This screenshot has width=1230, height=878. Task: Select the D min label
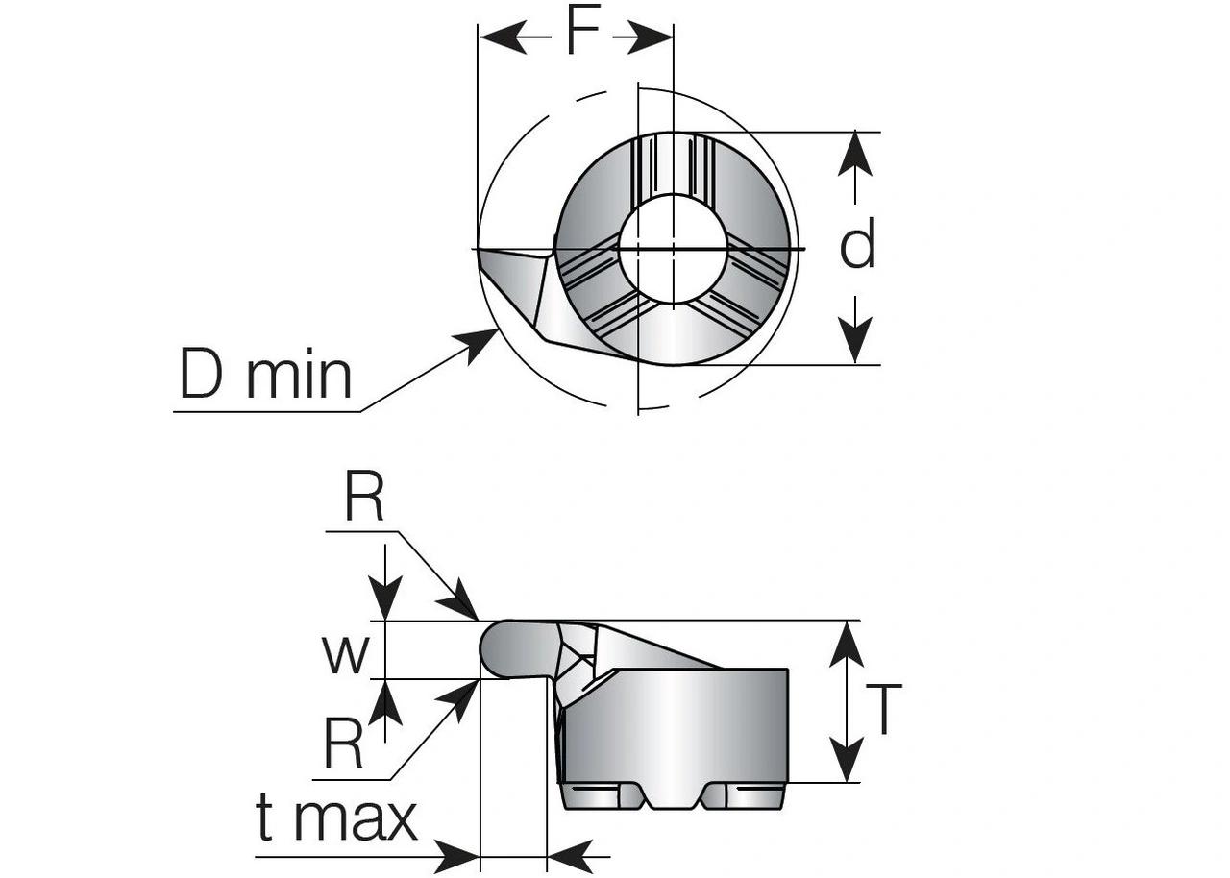[266, 375]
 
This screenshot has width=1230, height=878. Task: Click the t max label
[336, 819]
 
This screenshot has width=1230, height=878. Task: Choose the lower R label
[343, 744]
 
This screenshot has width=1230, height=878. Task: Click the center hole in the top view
[673, 248]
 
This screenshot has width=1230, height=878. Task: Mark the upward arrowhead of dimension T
[847, 642]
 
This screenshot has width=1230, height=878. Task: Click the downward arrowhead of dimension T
[847, 762]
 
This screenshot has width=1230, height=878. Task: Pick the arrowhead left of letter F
[503, 37]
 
